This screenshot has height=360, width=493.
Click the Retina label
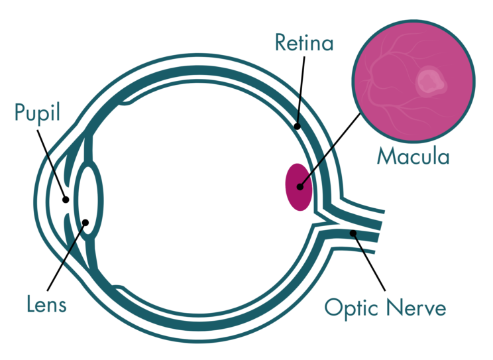click(304, 44)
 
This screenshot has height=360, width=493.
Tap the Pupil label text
click(37, 113)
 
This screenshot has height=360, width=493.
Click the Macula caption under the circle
click(413, 156)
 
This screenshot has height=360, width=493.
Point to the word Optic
click(350, 308)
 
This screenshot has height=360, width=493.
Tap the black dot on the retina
click(298, 125)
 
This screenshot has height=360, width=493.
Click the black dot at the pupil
click(65, 198)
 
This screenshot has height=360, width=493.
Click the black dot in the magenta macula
click(300, 187)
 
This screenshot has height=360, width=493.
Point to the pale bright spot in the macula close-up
click(429, 82)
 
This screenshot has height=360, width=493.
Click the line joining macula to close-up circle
click(331, 149)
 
